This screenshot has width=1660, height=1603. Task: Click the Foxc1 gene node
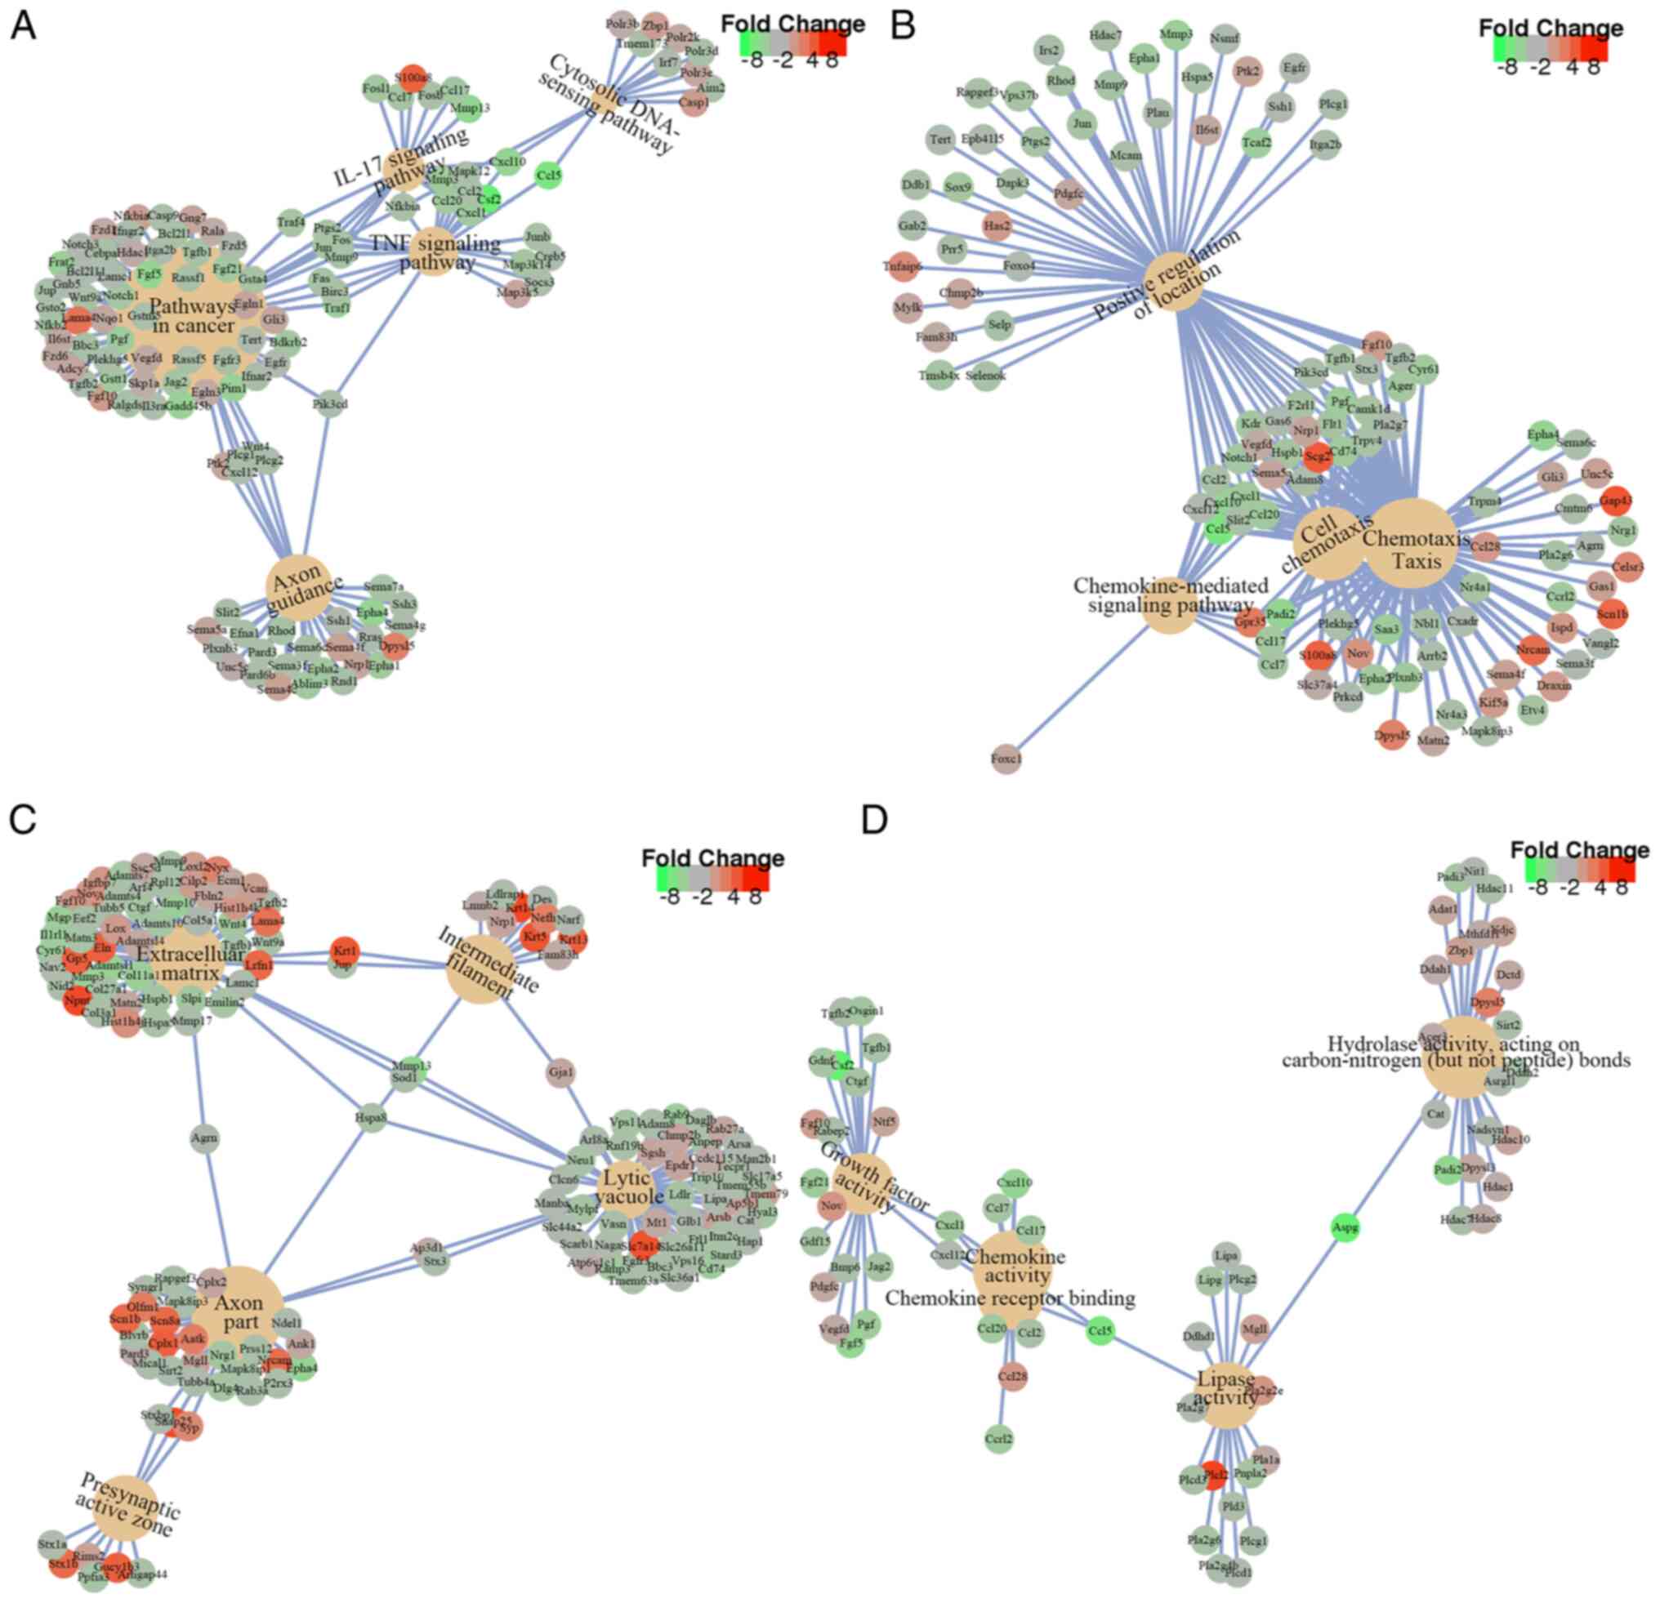click(1007, 759)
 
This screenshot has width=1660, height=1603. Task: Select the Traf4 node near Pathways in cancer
click(291, 223)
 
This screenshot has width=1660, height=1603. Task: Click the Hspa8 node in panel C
click(371, 1117)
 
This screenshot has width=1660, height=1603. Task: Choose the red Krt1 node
click(344, 952)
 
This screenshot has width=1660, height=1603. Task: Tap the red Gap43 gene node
click(1615, 501)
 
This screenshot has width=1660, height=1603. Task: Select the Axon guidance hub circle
click(297, 585)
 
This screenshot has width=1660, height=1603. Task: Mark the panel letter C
click(23, 819)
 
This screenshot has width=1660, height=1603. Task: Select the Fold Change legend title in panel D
click(1580, 849)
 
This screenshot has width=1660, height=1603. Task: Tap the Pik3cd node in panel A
click(330, 405)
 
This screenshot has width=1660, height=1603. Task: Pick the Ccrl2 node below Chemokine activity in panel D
click(999, 1439)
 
